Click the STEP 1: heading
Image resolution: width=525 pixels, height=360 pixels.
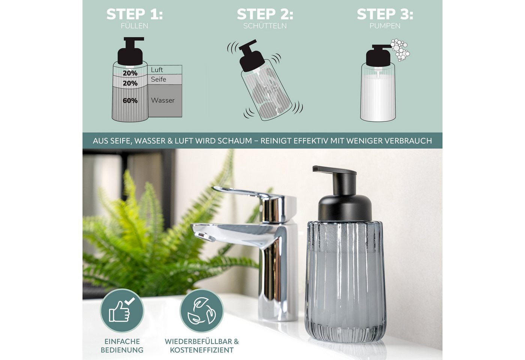(135, 14)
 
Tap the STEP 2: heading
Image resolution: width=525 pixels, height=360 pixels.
(265, 14)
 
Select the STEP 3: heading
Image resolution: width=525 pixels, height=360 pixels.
(385, 14)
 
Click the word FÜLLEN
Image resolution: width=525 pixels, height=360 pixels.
(135, 25)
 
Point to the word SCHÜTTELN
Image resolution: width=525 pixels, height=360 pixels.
(265, 25)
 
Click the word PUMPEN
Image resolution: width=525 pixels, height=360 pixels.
(385, 25)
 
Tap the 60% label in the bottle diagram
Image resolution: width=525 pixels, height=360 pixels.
(130, 101)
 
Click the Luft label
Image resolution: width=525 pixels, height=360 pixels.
(157, 70)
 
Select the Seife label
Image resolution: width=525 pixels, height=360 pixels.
(158, 79)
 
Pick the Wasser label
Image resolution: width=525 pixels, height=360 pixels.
(163, 100)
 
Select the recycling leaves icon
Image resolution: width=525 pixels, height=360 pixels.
(202, 311)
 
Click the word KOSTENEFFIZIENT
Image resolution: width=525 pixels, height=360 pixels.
(202, 350)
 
